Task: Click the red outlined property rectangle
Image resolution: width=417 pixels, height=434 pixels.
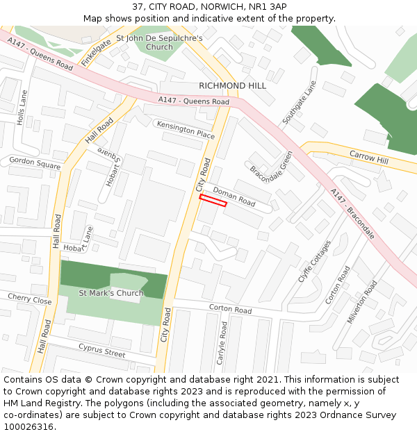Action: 213,201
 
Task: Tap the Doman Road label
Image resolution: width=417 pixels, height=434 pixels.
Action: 234,195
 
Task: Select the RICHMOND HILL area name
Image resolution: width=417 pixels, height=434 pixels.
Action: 232,85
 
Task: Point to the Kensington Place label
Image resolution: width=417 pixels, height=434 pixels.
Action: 186,130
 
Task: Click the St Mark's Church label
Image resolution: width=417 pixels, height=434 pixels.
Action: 111,293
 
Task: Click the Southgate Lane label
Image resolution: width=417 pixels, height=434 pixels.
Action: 299,106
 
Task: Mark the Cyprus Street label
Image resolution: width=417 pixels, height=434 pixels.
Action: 101,349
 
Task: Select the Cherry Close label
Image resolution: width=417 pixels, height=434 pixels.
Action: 29,299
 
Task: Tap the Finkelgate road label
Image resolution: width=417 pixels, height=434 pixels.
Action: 96,53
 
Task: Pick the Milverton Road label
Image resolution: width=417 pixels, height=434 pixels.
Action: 362,302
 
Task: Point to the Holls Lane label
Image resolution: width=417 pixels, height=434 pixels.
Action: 22,108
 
